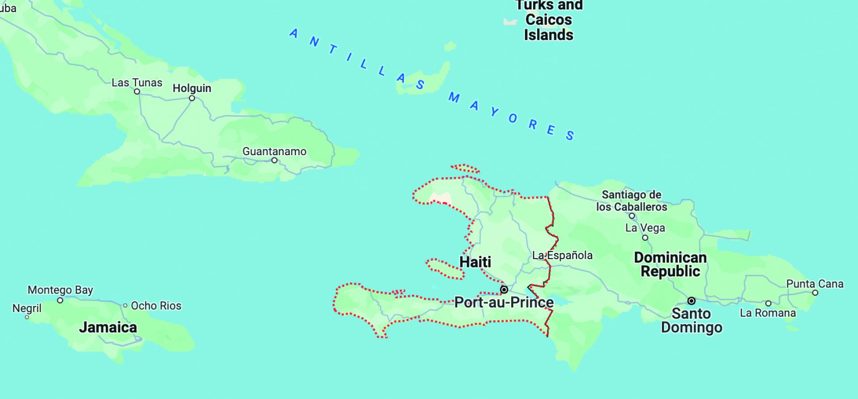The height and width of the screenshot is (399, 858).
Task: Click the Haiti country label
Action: [475, 262]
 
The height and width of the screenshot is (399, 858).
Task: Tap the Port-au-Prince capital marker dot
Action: [504, 289]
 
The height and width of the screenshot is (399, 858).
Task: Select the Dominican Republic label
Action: [670, 264]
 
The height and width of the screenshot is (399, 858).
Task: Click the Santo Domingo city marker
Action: [691, 301]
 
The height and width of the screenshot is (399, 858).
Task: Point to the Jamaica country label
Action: [108, 327]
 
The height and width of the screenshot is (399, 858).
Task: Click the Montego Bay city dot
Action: [60, 300]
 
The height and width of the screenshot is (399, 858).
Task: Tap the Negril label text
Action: [27, 308]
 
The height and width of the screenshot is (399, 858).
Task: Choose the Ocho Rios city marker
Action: [126, 306]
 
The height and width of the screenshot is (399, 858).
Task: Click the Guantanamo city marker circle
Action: [274, 160]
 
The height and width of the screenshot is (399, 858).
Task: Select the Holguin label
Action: [192, 88]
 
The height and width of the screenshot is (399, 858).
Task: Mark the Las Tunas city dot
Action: [137, 92]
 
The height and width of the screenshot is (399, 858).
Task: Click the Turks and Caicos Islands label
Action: [549, 20]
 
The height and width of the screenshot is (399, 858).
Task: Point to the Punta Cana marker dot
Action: [815, 293]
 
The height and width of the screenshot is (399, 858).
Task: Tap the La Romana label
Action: [768, 313]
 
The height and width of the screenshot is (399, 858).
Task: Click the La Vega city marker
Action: [645, 238]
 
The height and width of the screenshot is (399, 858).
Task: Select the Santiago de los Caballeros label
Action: [631, 200]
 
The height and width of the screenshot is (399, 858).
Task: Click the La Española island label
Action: [562, 255]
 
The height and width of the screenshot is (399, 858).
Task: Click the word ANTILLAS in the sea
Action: [357, 58]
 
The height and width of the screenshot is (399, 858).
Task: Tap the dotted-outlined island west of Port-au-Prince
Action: [444, 269]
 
